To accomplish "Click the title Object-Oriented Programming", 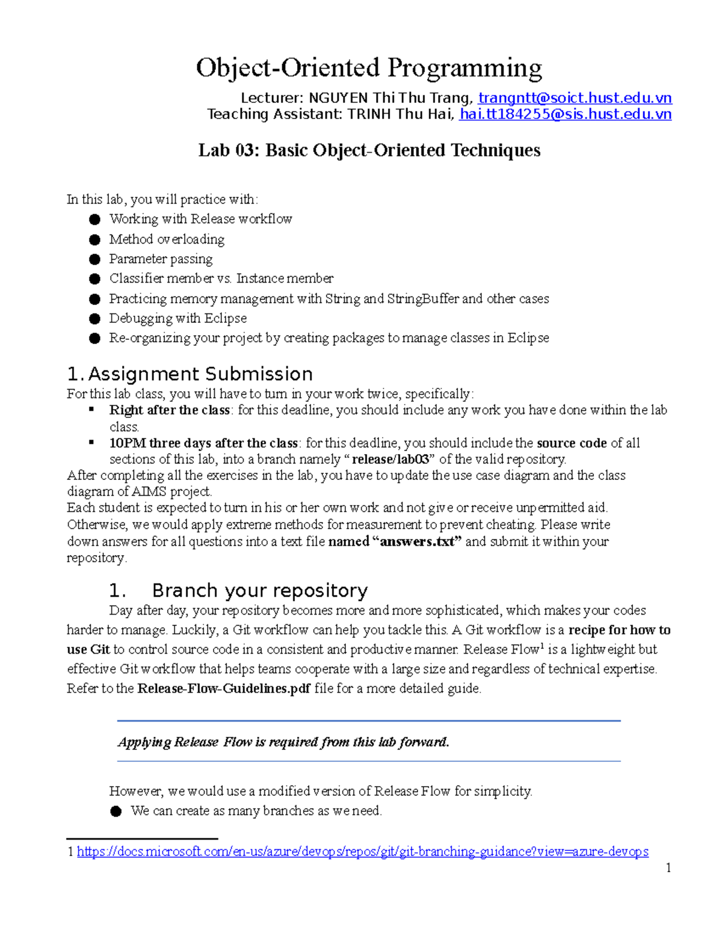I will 368,68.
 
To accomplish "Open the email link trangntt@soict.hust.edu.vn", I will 575,98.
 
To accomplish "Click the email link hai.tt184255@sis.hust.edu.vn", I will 564,114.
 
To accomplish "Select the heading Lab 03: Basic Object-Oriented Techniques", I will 369,150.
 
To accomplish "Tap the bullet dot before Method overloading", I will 94,240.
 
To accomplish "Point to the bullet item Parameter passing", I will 160,259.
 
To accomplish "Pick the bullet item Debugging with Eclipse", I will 177,318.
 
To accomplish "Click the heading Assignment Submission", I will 200,374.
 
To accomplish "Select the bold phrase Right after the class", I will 169,410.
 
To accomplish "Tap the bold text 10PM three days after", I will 203,443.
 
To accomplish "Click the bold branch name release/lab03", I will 390,460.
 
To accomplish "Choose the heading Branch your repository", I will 259,591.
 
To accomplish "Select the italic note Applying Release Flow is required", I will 283,742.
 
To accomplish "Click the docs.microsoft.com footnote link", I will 362,852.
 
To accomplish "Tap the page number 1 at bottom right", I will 668,868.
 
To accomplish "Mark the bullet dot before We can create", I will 116,812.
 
